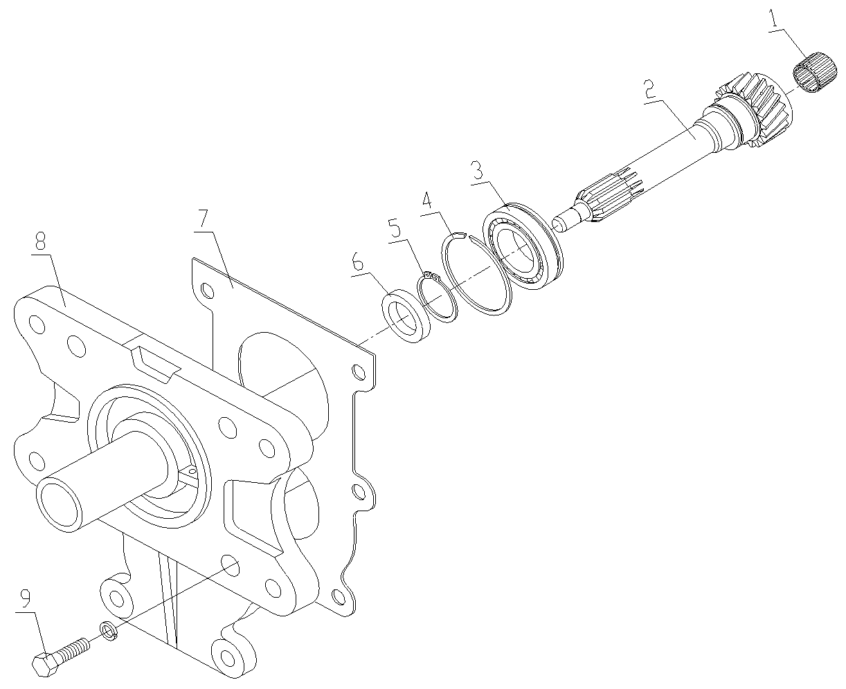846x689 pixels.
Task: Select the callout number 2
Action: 649,90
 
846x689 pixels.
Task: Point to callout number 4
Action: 428,201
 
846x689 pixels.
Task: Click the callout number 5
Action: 394,228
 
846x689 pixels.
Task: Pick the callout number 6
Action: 357,262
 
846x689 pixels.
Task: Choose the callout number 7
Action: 203,221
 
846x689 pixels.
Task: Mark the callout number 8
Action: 39,241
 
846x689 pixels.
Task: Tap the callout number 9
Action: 26,598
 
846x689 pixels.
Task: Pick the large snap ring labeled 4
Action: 478,277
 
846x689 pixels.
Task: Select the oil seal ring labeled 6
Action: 408,317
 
